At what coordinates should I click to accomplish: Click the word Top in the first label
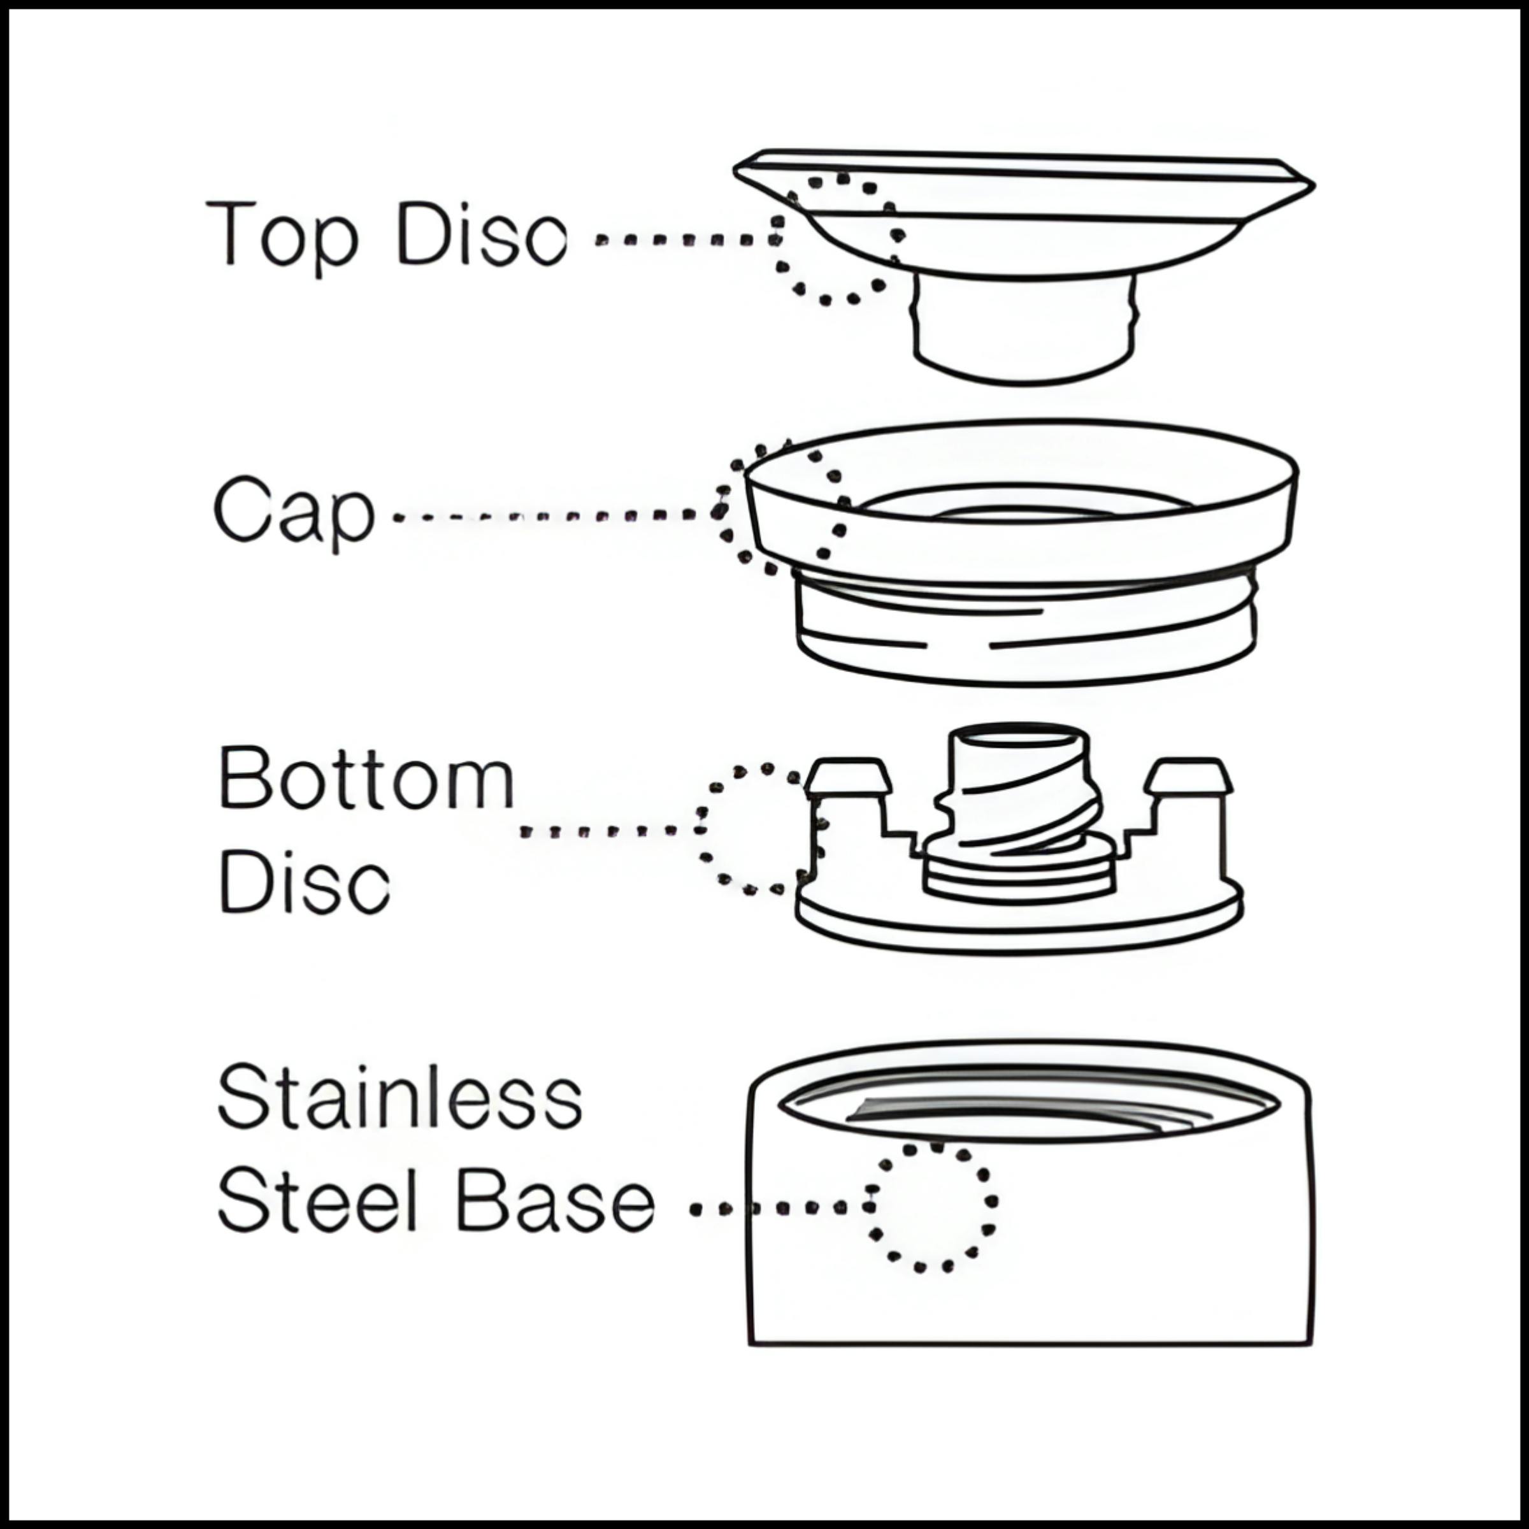pos(281,235)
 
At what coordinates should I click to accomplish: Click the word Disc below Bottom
pos(304,882)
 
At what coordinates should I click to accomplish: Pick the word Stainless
pos(399,1098)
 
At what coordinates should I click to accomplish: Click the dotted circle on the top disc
pos(837,238)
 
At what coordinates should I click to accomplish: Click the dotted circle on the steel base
pos(930,1207)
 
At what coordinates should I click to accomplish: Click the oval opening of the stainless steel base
pos(1029,1104)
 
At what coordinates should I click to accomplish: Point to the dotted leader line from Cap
pos(554,517)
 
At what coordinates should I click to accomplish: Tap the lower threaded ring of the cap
pos(1026,633)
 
